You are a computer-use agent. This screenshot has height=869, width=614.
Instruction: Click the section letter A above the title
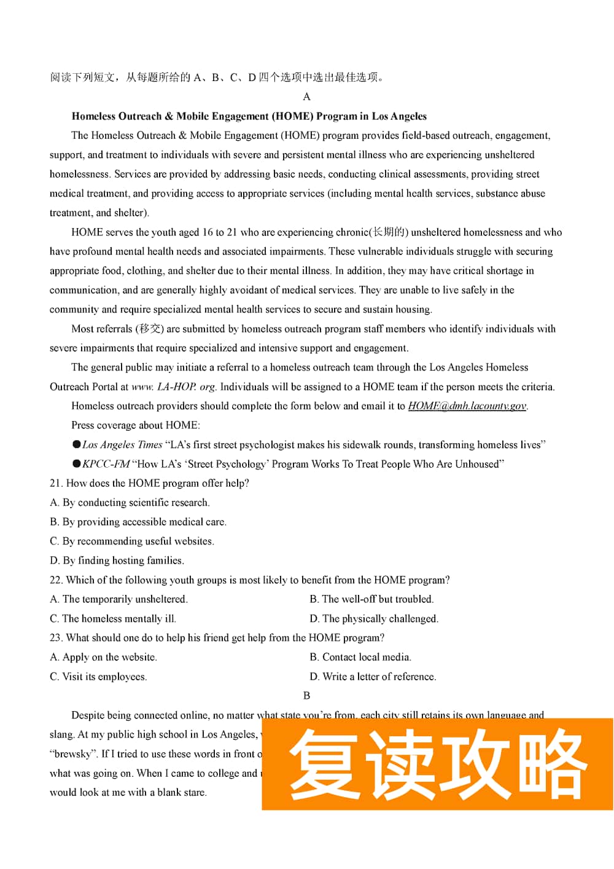pyautogui.click(x=306, y=96)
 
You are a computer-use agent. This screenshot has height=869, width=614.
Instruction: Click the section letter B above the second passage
pyautogui.click(x=306, y=695)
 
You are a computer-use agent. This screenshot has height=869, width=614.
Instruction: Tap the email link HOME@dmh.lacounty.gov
pyautogui.click(x=467, y=406)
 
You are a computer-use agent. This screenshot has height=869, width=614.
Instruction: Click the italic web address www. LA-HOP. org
pyautogui.click(x=174, y=387)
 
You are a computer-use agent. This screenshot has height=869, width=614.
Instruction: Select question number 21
pyautogui.click(x=56, y=483)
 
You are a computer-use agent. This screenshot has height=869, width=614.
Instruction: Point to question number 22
pyautogui.click(x=56, y=580)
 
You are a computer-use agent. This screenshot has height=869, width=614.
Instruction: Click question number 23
pyautogui.click(x=56, y=637)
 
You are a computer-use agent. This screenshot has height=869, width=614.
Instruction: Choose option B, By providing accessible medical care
pyautogui.click(x=138, y=522)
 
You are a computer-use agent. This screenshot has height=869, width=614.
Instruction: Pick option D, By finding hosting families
pyautogui.click(x=117, y=560)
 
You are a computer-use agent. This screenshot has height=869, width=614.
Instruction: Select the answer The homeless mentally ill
pyautogui.click(x=113, y=618)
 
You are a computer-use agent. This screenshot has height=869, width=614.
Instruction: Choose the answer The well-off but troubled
pyautogui.click(x=371, y=599)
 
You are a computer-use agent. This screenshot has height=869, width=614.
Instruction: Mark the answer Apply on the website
pyautogui.click(x=103, y=657)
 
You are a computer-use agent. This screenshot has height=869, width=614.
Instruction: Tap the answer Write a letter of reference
pyautogui.click(x=373, y=677)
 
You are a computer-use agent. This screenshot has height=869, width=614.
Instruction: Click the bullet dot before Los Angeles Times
pyautogui.click(x=77, y=444)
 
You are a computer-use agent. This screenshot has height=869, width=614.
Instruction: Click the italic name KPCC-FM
pyautogui.click(x=106, y=464)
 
